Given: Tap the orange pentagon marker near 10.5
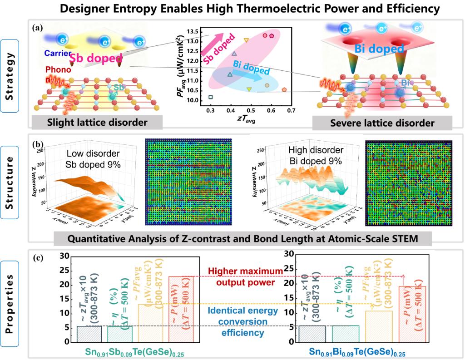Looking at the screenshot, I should coord(284,90).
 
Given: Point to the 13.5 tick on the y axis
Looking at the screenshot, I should coord(197,31).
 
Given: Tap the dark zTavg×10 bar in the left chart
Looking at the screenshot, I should coord(89,334).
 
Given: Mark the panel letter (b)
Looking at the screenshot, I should coord(39,145).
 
